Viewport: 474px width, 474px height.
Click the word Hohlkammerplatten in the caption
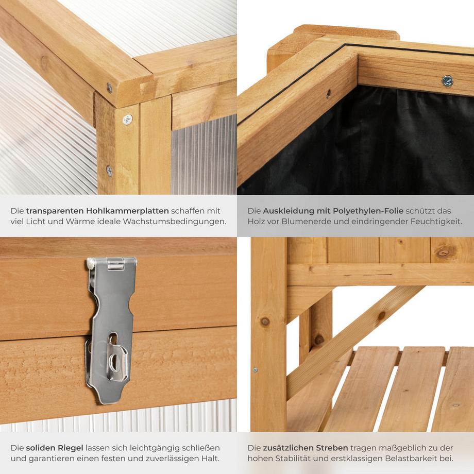tap(127, 211)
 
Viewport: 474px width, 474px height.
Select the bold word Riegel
tap(70, 448)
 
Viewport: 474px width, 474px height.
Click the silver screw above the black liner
tap(447, 81)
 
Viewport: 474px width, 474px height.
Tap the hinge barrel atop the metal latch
tap(116, 263)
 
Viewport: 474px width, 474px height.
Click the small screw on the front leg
tap(255, 370)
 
